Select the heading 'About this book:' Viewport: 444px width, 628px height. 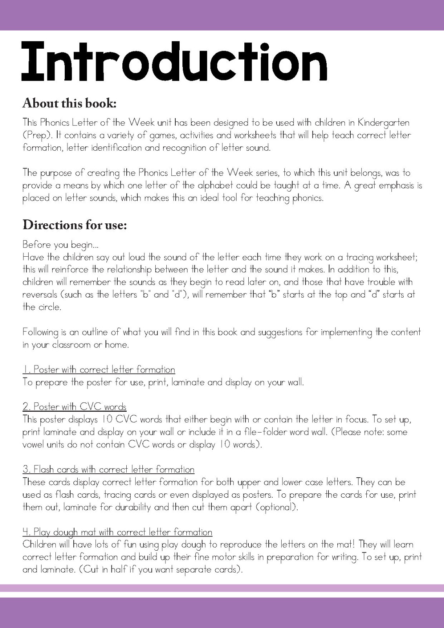[x=69, y=103]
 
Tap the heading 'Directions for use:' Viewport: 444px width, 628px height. [x=75, y=225]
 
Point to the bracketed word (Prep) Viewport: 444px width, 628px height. [x=36, y=135]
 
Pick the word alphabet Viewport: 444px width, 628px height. [x=213, y=185]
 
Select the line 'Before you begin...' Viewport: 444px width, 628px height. [x=60, y=245]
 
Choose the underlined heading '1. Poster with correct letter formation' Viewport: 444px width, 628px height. [x=99, y=370]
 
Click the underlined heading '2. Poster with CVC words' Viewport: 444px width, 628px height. [x=75, y=407]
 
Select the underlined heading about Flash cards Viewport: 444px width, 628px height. [x=108, y=469]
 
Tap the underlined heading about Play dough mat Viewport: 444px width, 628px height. [x=117, y=532]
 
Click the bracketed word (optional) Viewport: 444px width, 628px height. [x=277, y=507]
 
